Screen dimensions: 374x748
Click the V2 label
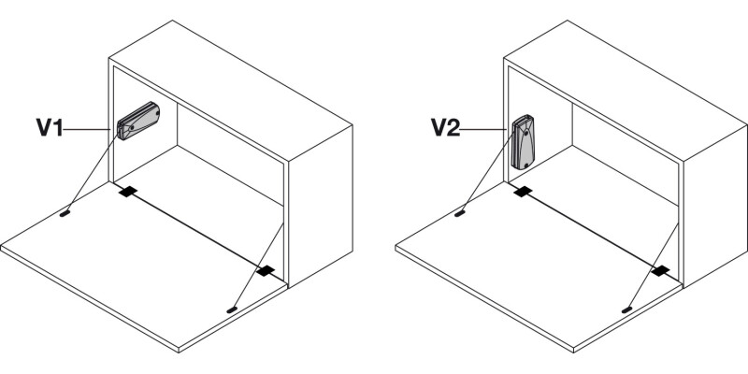pos(446,128)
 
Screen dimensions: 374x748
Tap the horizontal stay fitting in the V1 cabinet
pos(141,122)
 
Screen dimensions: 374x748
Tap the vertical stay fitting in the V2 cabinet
pos(525,142)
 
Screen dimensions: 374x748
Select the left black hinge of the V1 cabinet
pos(127,192)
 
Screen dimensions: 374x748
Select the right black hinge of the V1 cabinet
pos(266,271)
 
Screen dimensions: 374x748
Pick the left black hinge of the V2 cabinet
pos(524,192)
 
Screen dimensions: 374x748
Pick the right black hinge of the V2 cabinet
pos(662,271)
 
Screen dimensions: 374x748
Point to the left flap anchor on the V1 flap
pos(65,213)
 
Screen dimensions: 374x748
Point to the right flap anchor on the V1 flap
pos(233,306)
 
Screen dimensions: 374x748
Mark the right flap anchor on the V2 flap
pos(628,306)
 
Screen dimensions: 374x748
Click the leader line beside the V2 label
pos(488,129)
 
